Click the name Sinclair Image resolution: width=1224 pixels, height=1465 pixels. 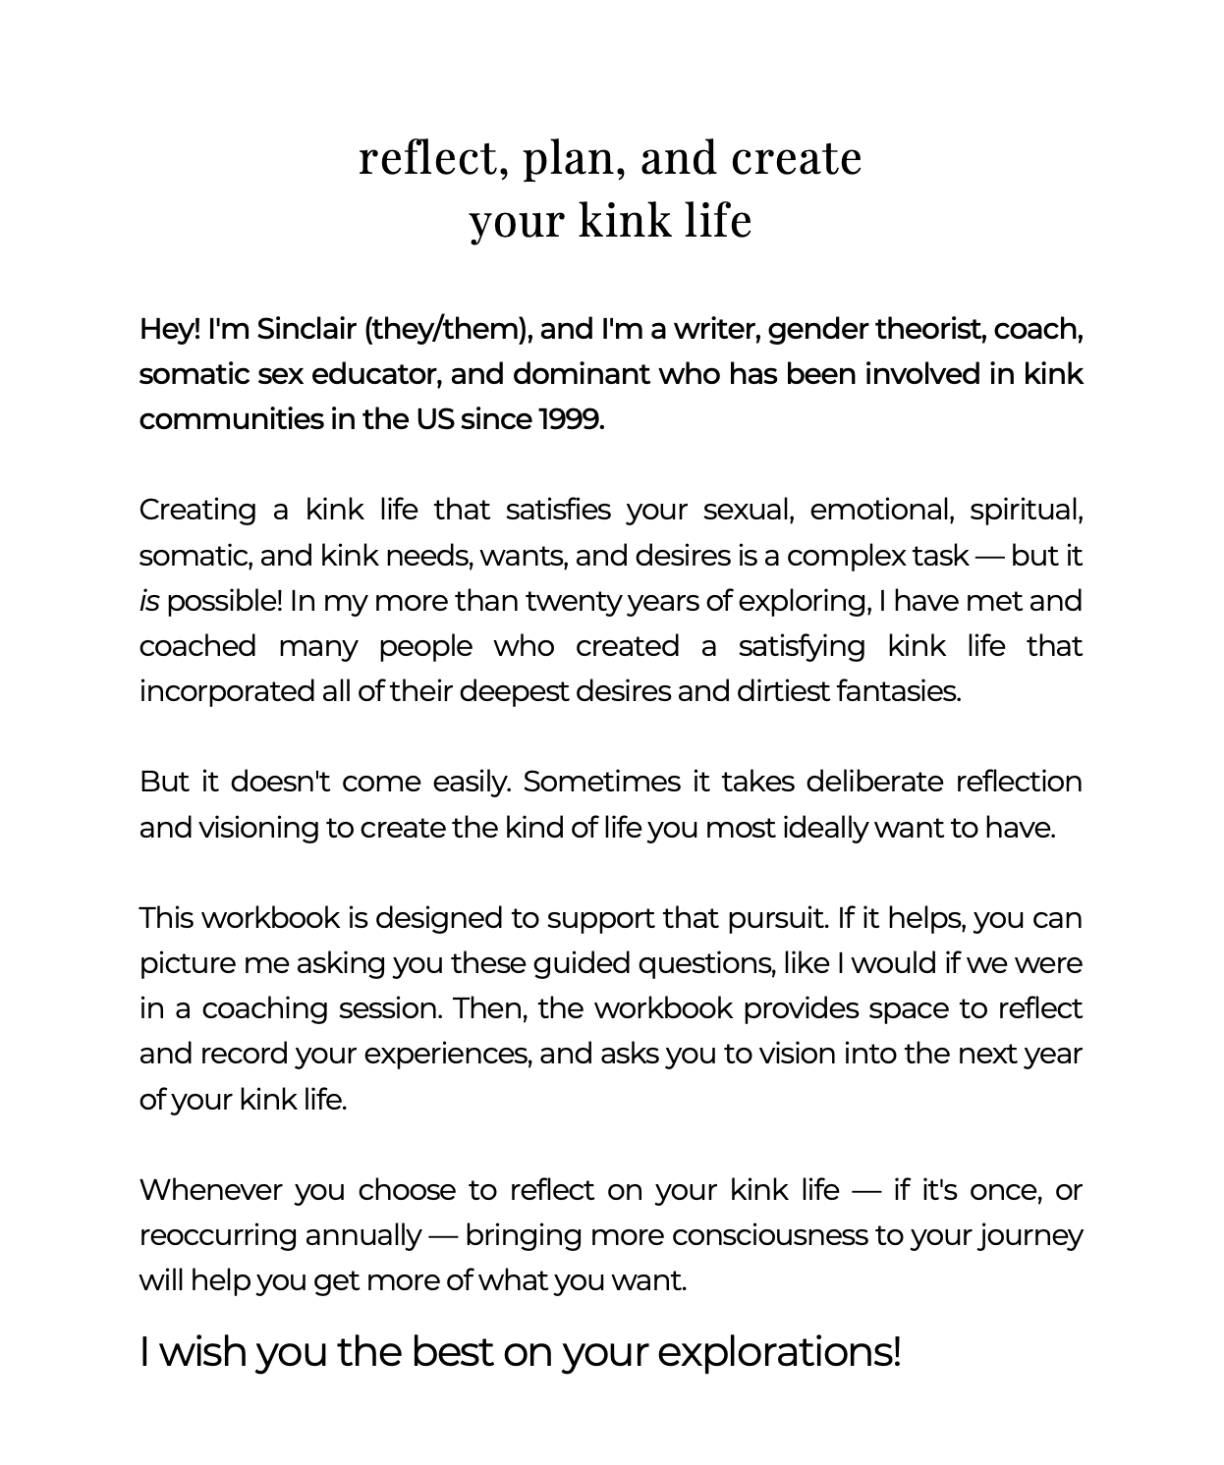(x=306, y=330)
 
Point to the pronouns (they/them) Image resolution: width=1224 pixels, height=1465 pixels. (x=448, y=330)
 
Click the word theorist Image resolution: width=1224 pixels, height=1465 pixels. (x=929, y=330)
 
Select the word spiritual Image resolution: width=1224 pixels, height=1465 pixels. (x=1026, y=511)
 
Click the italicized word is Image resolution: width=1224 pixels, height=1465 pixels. (x=149, y=601)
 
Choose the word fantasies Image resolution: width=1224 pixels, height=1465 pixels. (x=898, y=692)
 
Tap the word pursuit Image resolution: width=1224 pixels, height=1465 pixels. (x=777, y=919)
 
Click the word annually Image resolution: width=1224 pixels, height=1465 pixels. (x=362, y=1236)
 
